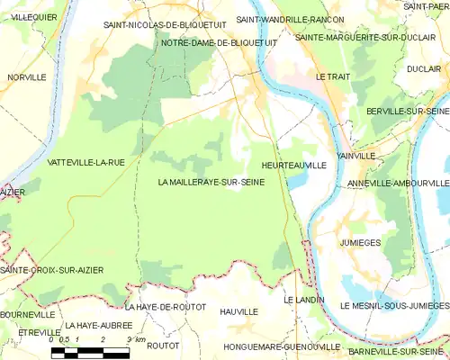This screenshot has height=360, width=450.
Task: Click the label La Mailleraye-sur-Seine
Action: [x=211, y=183]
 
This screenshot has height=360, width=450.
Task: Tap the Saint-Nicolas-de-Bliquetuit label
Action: [x=165, y=25]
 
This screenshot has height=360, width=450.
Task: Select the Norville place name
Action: [x=27, y=77]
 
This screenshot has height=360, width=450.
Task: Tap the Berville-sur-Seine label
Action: [x=400, y=110]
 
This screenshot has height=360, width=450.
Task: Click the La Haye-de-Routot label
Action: [x=166, y=307]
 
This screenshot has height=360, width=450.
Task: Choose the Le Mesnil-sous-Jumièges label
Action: [x=394, y=306]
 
